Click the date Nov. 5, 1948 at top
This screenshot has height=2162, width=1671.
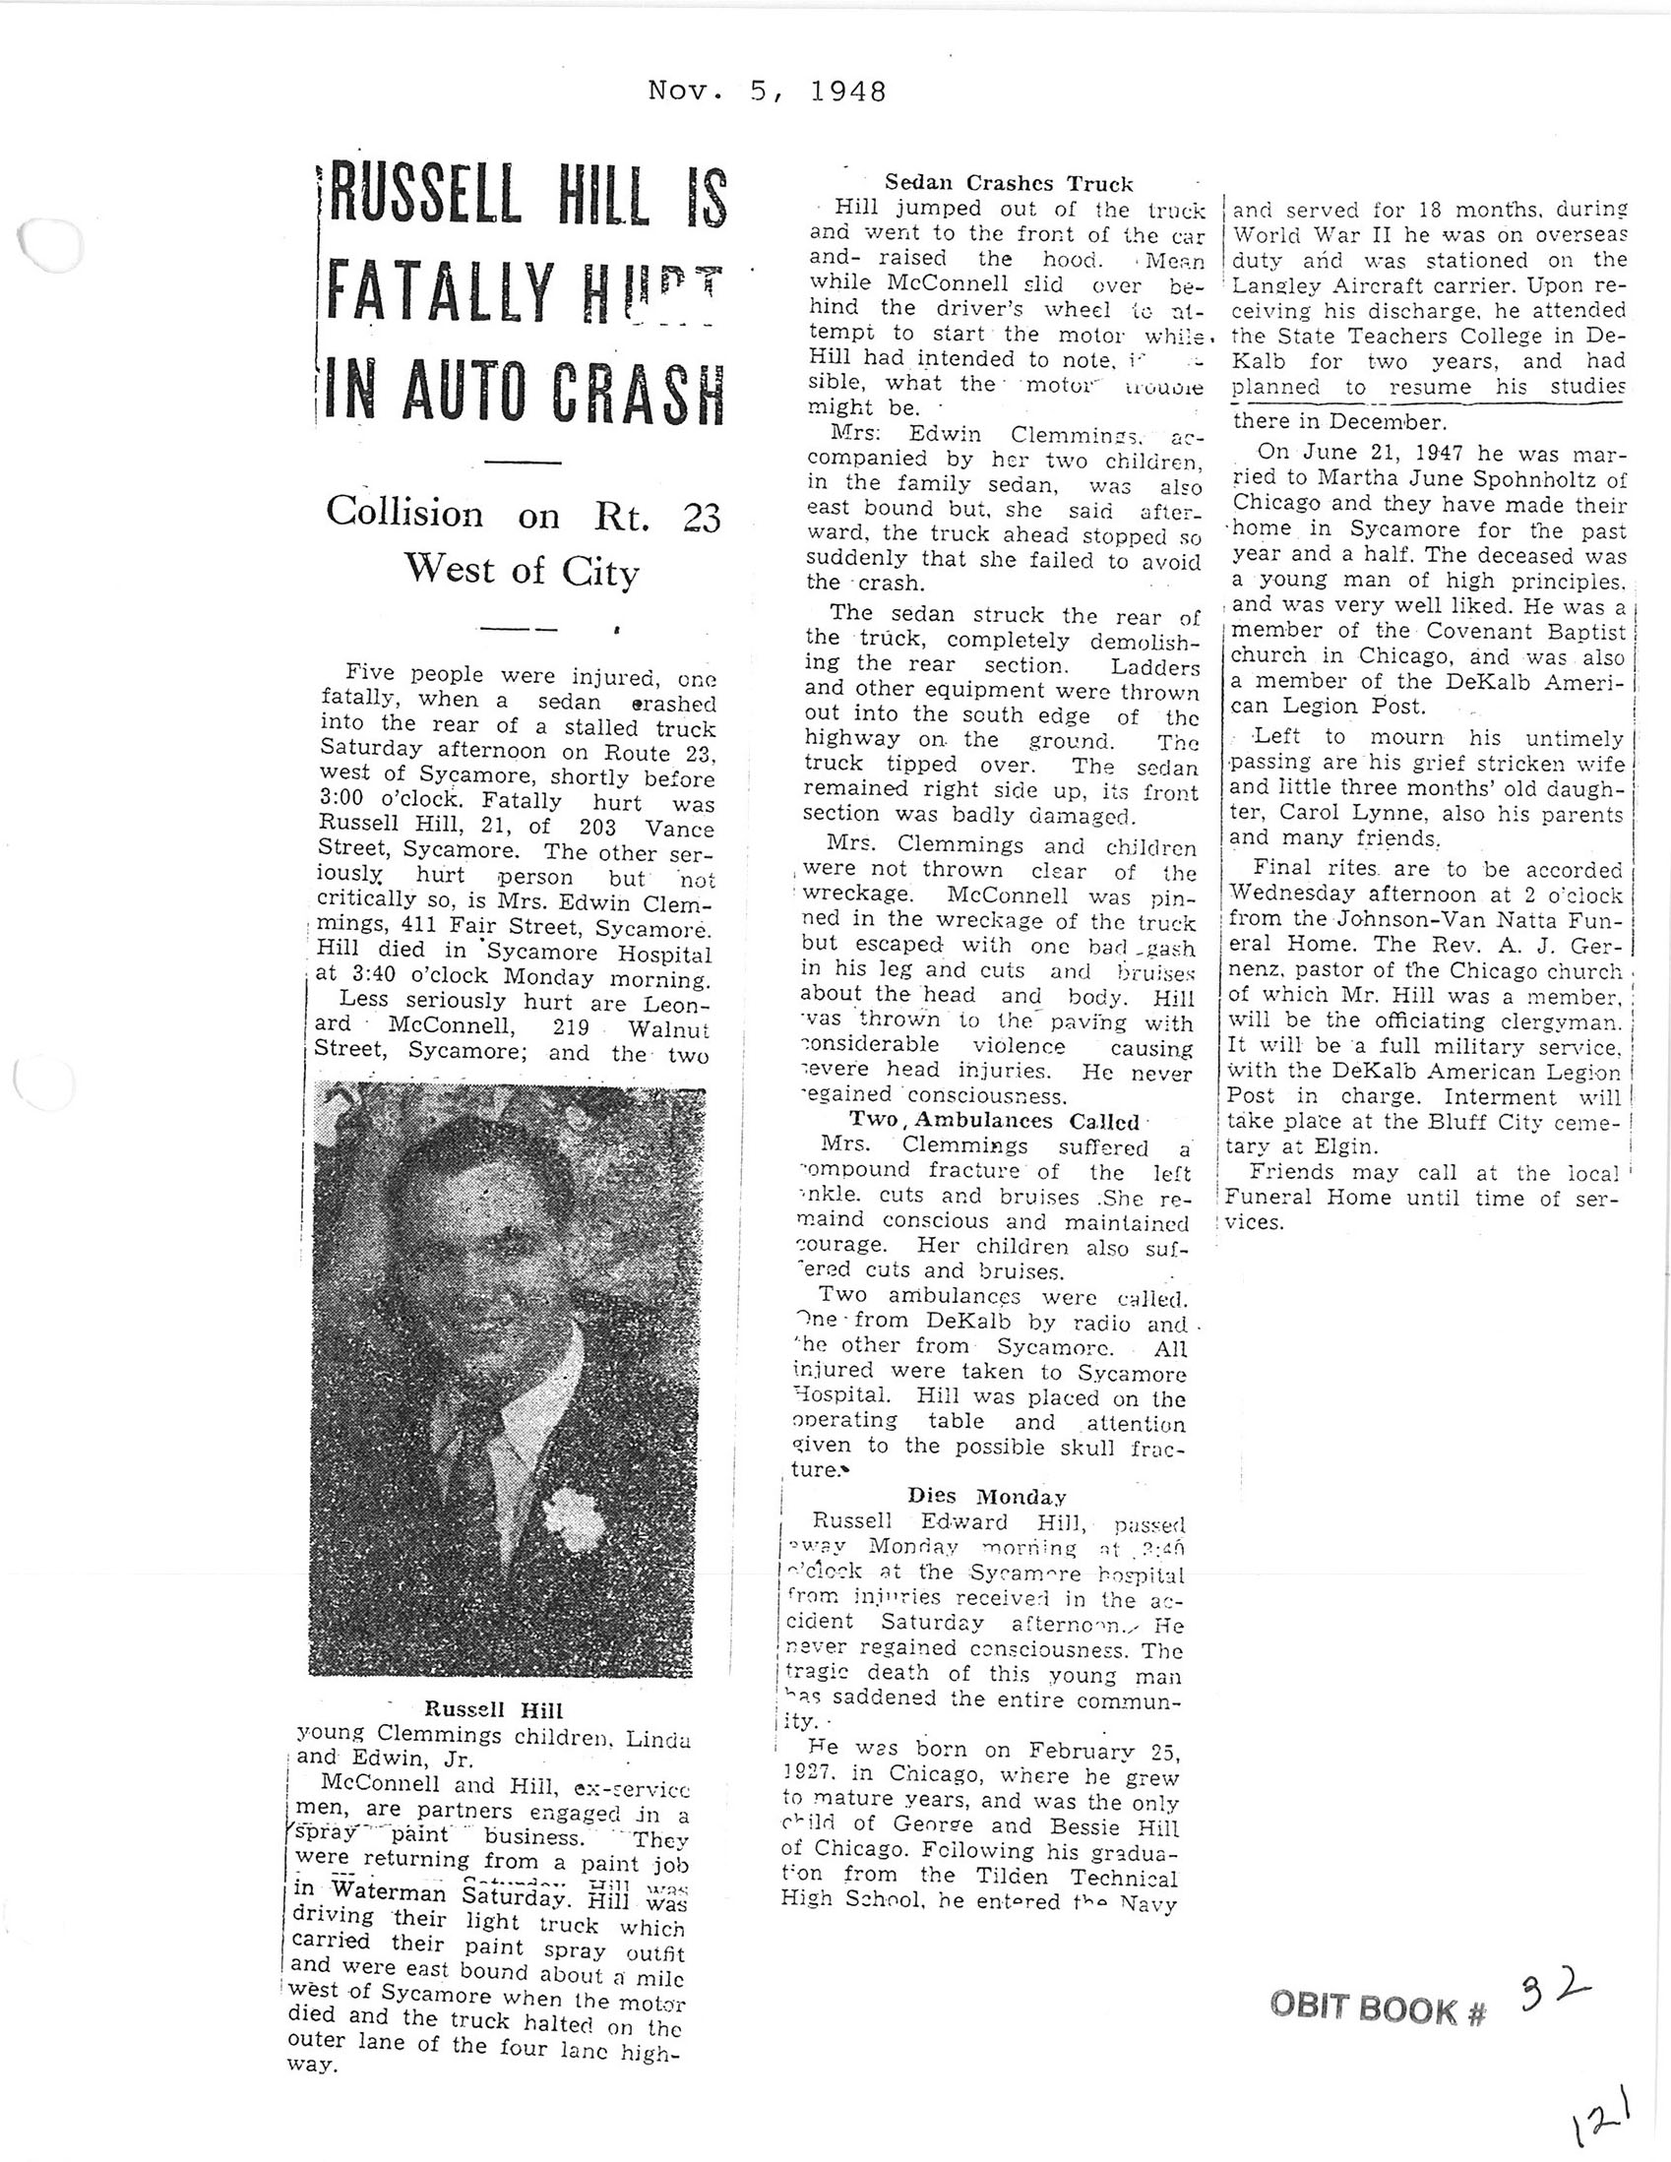click(767, 93)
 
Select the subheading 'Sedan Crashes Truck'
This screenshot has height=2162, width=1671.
click(1008, 183)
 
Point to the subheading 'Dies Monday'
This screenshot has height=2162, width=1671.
click(987, 1496)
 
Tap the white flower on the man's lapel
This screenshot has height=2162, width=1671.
click(573, 1517)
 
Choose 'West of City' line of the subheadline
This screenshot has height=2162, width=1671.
click(521, 572)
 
